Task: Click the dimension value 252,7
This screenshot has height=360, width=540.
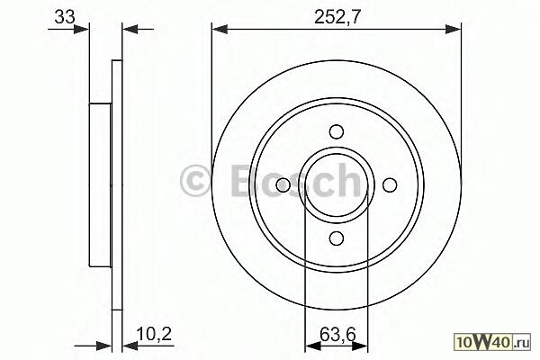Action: coord(337,16)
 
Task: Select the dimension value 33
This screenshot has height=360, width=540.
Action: coord(65,16)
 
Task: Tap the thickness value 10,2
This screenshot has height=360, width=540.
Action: coord(154,334)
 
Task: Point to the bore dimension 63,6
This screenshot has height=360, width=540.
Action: coord(337,334)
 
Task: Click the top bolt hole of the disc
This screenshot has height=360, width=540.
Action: coord(337,131)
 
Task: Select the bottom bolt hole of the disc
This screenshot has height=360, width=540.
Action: coord(337,238)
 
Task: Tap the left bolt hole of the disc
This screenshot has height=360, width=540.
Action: coord(283,185)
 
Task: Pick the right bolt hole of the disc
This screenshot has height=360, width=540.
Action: coord(390,185)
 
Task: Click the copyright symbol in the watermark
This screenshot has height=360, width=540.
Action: coord(194,180)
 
